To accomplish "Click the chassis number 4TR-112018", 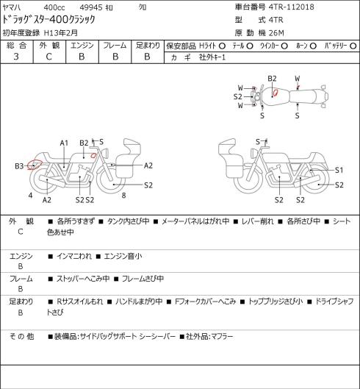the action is [292, 7].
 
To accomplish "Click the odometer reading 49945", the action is [91, 7].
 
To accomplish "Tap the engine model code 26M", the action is [276, 33].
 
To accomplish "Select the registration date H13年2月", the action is [61, 33].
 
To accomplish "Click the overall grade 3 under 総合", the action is [16, 57].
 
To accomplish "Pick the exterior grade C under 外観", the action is [48, 57].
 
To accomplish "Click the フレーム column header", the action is [115, 46].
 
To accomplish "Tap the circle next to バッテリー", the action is [353, 46].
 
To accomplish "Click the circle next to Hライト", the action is [222, 46].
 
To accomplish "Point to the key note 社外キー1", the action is [212, 57].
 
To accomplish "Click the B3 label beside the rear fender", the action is [19, 165].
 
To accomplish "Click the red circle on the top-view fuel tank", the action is [276, 93].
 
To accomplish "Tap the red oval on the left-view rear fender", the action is [35, 165].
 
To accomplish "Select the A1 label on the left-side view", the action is [64, 143].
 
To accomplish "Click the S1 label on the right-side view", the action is [339, 170].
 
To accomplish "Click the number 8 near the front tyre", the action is [123, 196].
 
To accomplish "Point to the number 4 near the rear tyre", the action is [30, 196].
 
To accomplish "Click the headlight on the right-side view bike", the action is [254, 153].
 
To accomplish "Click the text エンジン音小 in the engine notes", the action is [123, 256].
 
